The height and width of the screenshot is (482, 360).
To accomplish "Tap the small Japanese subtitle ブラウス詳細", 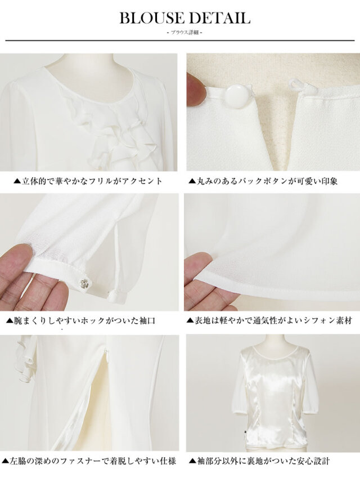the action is pyautogui.click(x=184, y=33).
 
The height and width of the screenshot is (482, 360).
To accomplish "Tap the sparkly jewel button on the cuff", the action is pyautogui.click(x=84, y=283).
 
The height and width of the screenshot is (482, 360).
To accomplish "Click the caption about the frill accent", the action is pyautogui.click(x=88, y=181).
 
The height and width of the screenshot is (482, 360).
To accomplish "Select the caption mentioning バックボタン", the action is pyautogui.click(x=263, y=181).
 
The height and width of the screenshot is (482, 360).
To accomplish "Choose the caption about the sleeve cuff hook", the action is pyautogui.click(x=81, y=320).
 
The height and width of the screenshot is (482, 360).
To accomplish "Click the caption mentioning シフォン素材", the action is pyautogui.click(x=269, y=320).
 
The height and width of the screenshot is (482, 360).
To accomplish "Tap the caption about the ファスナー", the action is pyautogui.click(x=89, y=461).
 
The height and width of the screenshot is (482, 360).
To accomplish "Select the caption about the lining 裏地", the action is pyautogui.click(x=259, y=461).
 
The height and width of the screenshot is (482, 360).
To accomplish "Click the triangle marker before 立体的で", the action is pyautogui.click(x=17, y=181).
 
